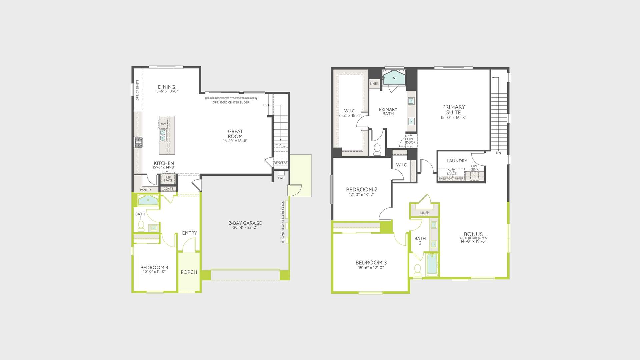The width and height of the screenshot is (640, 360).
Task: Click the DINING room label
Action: tap(166, 87)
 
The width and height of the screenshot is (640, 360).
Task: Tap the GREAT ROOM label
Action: tap(235, 134)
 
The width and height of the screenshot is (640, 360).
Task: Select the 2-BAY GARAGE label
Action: tap(245, 223)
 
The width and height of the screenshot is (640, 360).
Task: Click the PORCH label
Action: tap(189, 272)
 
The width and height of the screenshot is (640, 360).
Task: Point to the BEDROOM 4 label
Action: tap(154, 267)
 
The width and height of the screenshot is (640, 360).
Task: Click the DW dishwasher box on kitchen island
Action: tap(163, 124)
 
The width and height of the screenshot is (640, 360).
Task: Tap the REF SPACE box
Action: tap(168, 179)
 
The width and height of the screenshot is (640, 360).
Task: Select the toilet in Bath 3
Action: tap(141, 227)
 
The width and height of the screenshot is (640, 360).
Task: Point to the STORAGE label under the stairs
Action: tap(281, 163)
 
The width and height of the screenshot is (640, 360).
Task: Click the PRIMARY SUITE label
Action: tap(453, 109)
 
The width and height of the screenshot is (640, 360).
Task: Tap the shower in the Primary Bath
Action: tap(394, 78)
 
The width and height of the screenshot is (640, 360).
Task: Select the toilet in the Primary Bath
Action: tap(377, 150)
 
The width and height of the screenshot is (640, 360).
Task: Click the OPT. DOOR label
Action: tap(411, 141)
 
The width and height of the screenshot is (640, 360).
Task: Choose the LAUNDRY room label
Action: tap(457, 161)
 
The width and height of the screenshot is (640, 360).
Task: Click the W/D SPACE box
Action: tap(452, 172)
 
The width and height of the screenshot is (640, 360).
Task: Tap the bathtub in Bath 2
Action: tap(432, 265)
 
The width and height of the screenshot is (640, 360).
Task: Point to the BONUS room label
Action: tap(473, 234)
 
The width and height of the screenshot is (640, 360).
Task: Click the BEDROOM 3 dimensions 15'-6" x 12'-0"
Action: tap(371, 267)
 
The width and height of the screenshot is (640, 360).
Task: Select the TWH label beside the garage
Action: tap(281, 178)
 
